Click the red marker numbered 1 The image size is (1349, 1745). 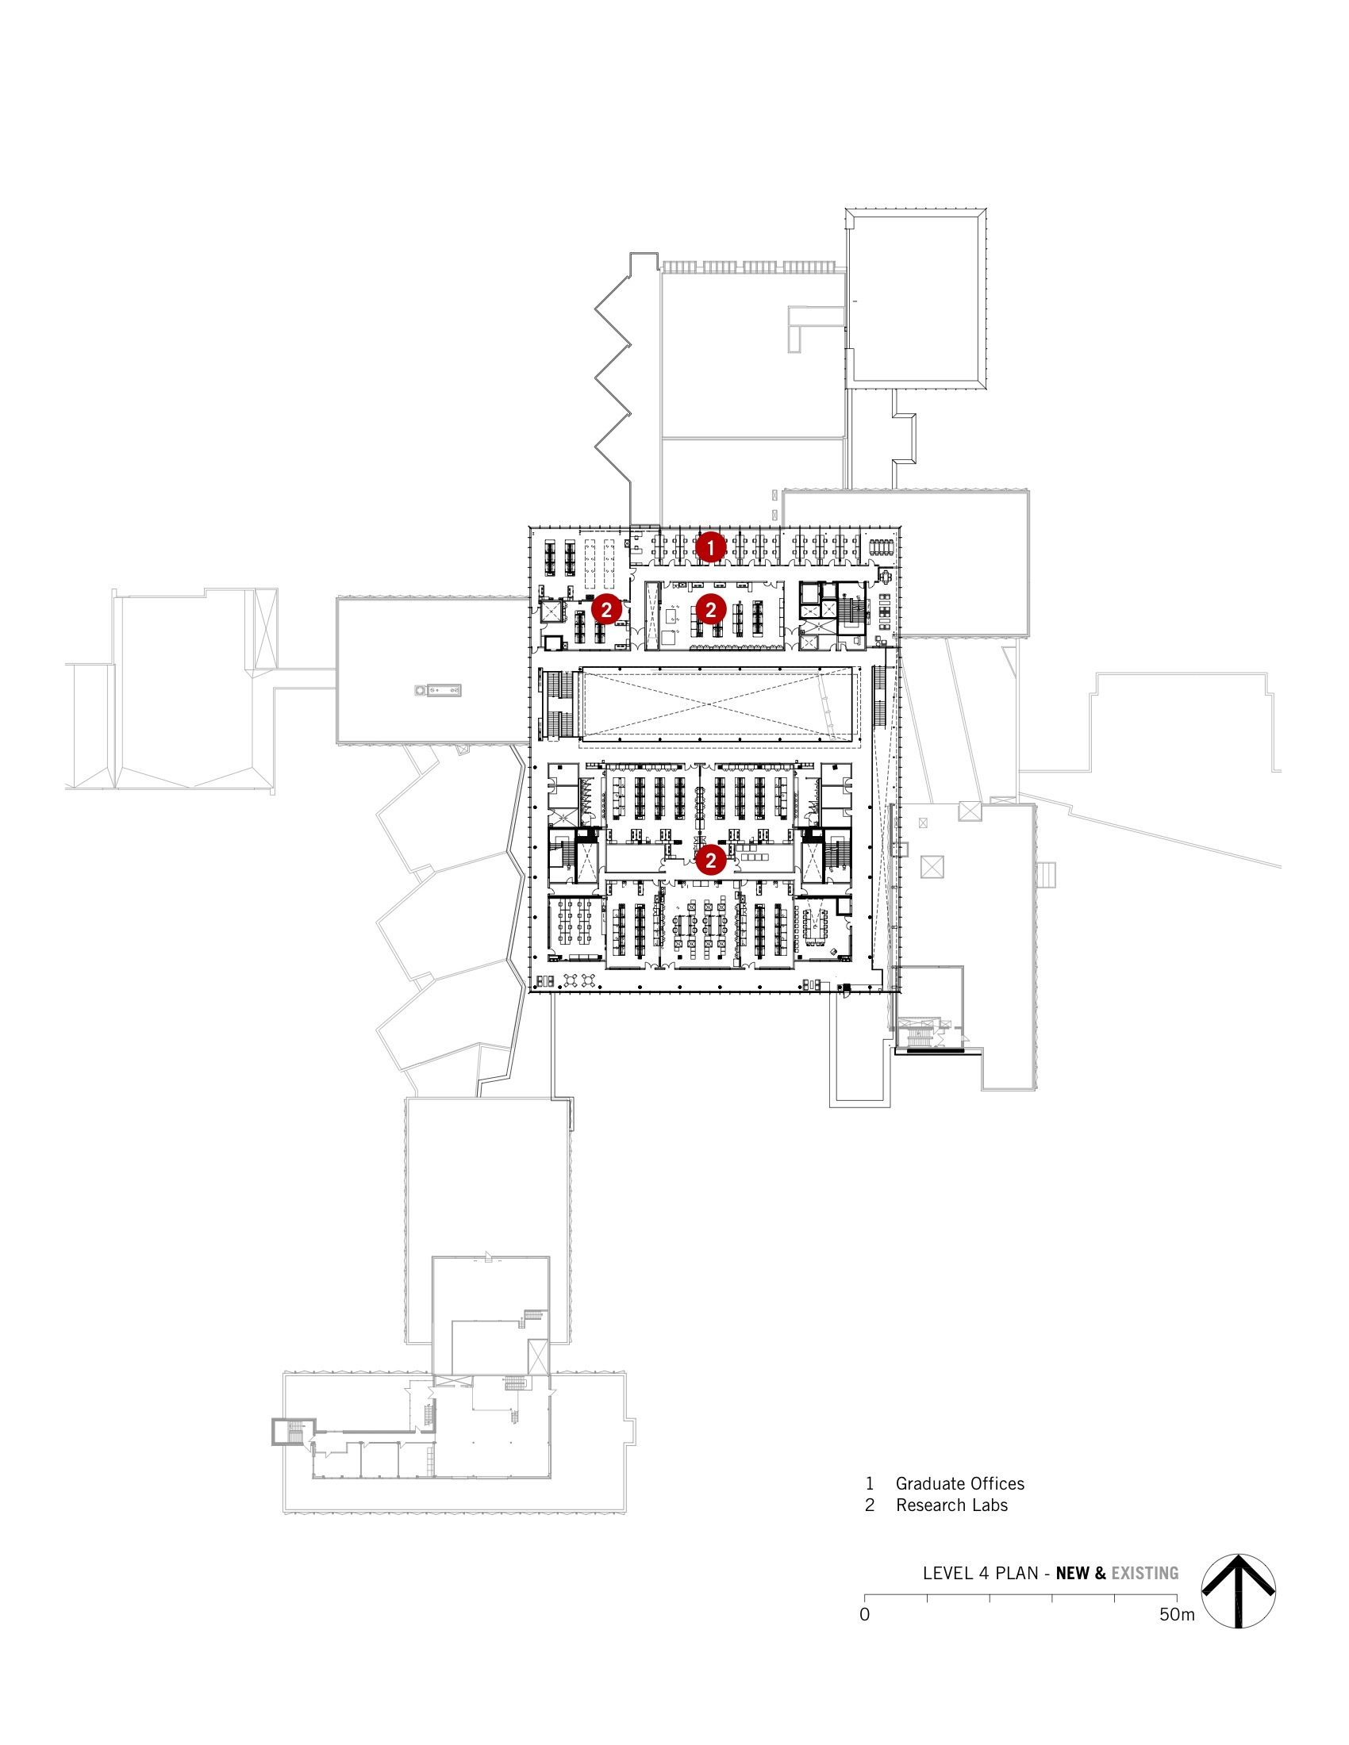coord(709,547)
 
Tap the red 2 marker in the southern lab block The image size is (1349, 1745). coord(709,861)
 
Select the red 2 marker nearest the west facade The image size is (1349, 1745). coord(606,610)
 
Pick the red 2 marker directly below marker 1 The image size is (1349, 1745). coord(709,610)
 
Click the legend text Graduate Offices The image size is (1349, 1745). coord(959,1484)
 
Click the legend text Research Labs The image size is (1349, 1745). coord(951,1505)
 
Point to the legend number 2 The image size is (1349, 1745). coord(870,1505)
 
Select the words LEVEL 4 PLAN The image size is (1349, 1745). coord(980,1573)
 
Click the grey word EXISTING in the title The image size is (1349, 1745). coord(1144,1573)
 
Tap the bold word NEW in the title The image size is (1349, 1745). coord(1073,1573)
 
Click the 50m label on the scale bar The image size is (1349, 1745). coord(1176,1615)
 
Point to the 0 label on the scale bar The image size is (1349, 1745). coord(864,1615)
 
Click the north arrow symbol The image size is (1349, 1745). coord(1238,1591)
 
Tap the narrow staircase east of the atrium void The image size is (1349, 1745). coord(879,695)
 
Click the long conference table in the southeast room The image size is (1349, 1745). coord(817,926)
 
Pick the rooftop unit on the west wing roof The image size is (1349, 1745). coord(438,689)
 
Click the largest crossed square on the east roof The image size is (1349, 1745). coord(932,866)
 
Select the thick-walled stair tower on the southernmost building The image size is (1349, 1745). coord(294,1432)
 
